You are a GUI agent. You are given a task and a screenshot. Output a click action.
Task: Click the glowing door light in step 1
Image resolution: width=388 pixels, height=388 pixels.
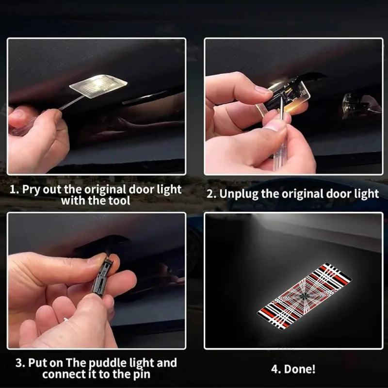[x=98, y=86]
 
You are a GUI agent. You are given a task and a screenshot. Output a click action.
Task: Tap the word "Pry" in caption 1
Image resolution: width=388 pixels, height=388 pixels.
[x=32, y=189]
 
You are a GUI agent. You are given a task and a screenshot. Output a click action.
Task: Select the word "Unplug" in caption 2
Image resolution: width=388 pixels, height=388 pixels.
[x=238, y=194]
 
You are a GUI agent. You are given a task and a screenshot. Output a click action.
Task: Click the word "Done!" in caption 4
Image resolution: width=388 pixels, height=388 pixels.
[x=300, y=369]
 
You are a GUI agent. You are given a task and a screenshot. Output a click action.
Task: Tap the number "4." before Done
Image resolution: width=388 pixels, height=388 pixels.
[x=276, y=369]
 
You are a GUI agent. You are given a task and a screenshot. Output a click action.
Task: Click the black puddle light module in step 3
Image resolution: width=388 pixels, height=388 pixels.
[x=102, y=276]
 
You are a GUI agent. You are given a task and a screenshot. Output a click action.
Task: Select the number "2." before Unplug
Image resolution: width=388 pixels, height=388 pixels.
[x=211, y=194]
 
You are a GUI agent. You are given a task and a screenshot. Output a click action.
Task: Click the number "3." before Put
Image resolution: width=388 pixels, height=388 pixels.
[x=20, y=363]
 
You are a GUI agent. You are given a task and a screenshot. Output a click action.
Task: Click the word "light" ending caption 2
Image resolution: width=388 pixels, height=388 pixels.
[x=365, y=194]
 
